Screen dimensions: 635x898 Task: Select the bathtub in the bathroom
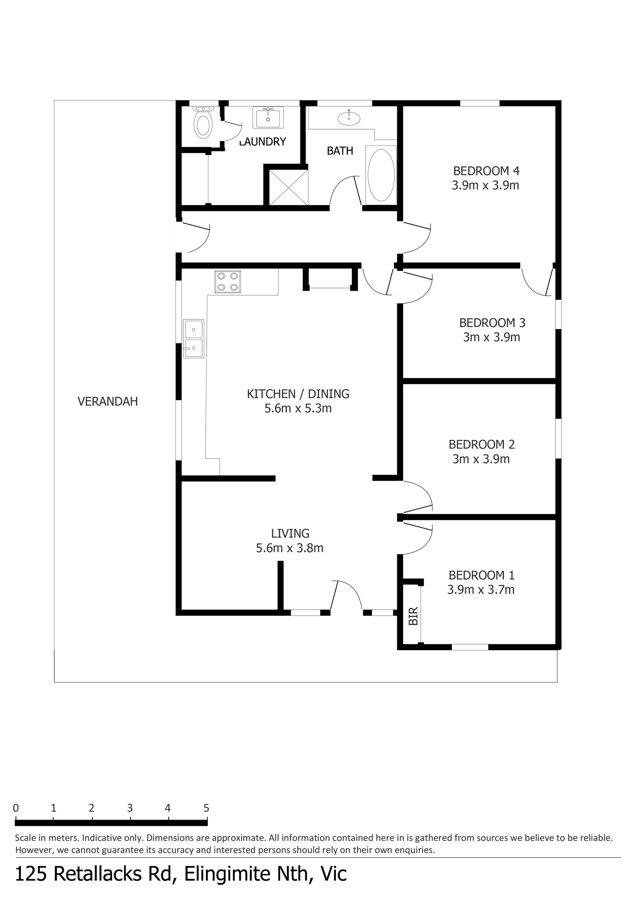pyautogui.click(x=381, y=175)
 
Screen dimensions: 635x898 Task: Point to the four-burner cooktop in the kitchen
pyautogui.click(x=228, y=282)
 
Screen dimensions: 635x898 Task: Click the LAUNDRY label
pyautogui.click(x=263, y=142)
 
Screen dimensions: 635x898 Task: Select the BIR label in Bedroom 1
pyautogui.click(x=413, y=616)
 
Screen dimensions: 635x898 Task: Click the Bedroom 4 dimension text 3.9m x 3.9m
pyautogui.click(x=486, y=185)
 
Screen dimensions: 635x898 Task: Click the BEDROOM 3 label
pyautogui.click(x=492, y=323)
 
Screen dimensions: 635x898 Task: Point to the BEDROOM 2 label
pyautogui.click(x=482, y=444)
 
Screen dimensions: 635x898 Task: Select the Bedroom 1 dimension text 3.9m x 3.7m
pyautogui.click(x=481, y=590)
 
